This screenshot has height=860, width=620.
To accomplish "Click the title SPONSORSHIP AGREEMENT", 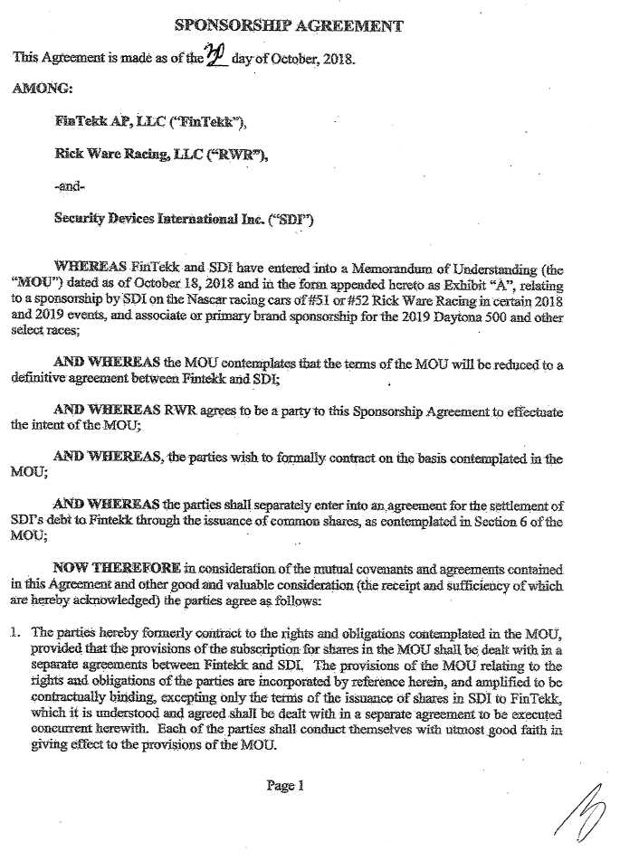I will coord(288,25).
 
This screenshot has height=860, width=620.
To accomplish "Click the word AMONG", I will coord(41,89).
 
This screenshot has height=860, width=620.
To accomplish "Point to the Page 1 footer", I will coord(284,785).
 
